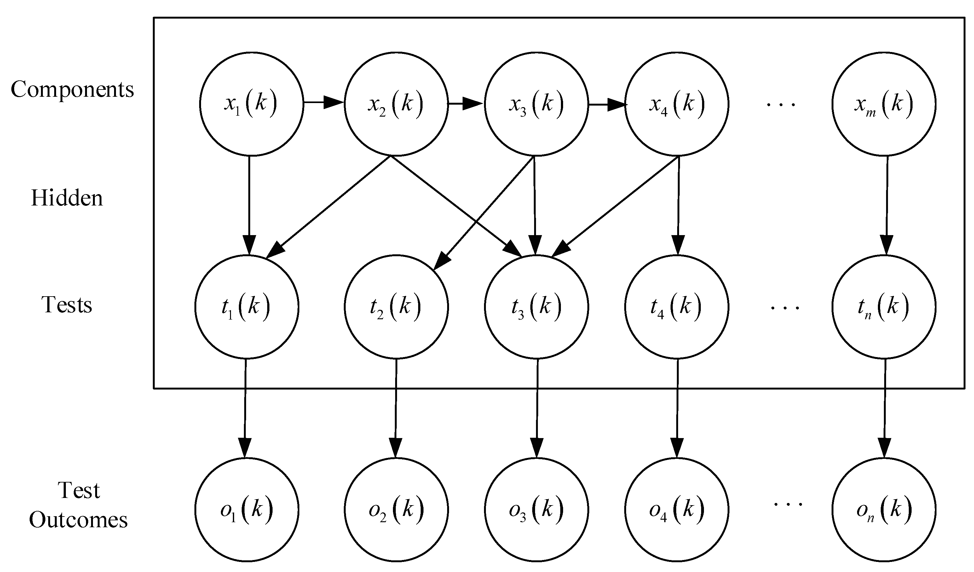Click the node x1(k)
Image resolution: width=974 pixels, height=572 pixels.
pyautogui.click(x=251, y=104)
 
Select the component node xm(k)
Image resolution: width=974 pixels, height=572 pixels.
pyautogui.click(x=884, y=104)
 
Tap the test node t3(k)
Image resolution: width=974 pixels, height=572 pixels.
pyautogui.click(x=537, y=307)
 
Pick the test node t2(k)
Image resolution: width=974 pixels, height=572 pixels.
pyautogui.click(x=396, y=307)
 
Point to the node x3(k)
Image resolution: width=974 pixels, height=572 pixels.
pyautogui.click(x=537, y=104)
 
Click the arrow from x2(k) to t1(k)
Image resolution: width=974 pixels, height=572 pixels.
pyautogui.click(x=329, y=207)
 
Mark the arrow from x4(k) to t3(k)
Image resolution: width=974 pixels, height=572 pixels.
pyautogui.click(x=614, y=207)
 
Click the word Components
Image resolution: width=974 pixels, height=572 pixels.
pyautogui.click(x=72, y=90)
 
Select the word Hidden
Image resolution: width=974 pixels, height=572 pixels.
pyautogui.click(x=67, y=198)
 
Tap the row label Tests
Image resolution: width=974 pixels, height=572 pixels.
pyautogui.click(x=67, y=305)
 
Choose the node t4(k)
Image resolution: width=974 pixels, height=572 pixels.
pyautogui.click(x=677, y=307)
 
